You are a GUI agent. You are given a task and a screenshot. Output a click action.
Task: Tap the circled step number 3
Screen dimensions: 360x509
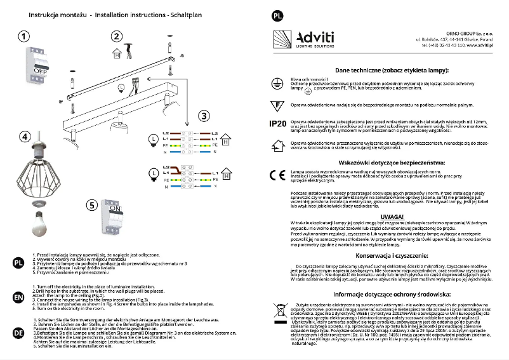click(203, 116)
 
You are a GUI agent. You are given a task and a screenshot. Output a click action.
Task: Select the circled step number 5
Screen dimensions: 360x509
click(93, 204)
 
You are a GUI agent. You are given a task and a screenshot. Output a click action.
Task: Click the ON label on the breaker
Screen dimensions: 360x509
click(116, 208)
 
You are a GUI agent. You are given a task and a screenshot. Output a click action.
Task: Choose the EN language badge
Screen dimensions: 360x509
click(18, 297)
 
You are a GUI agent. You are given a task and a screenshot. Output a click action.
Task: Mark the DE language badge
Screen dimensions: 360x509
click(18, 332)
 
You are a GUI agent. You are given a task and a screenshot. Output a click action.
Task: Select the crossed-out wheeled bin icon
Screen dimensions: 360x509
click(277, 312)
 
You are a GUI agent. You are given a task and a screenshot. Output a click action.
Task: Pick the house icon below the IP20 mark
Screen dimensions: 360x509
click(277, 145)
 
